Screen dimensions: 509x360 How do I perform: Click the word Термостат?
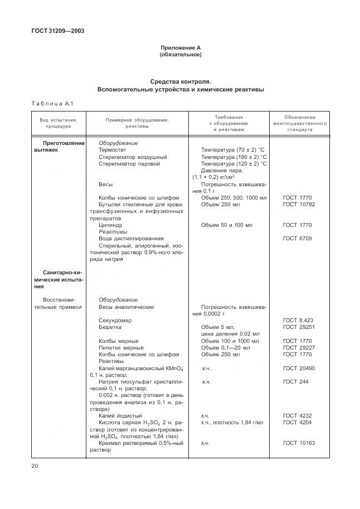click(x=113, y=150)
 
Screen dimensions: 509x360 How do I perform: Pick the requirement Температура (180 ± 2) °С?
click(x=233, y=157)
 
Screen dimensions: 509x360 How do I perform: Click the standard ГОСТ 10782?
click(x=297, y=205)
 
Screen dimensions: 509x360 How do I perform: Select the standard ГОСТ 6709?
click(x=297, y=238)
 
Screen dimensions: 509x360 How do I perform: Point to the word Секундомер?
click(x=115, y=320)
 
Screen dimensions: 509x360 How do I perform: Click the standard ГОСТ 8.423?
click(x=297, y=320)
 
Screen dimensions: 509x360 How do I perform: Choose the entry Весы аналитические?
click(x=126, y=307)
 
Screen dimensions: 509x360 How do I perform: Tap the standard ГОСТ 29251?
click(x=299, y=327)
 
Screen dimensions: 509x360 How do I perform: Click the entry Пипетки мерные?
click(x=121, y=347)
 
